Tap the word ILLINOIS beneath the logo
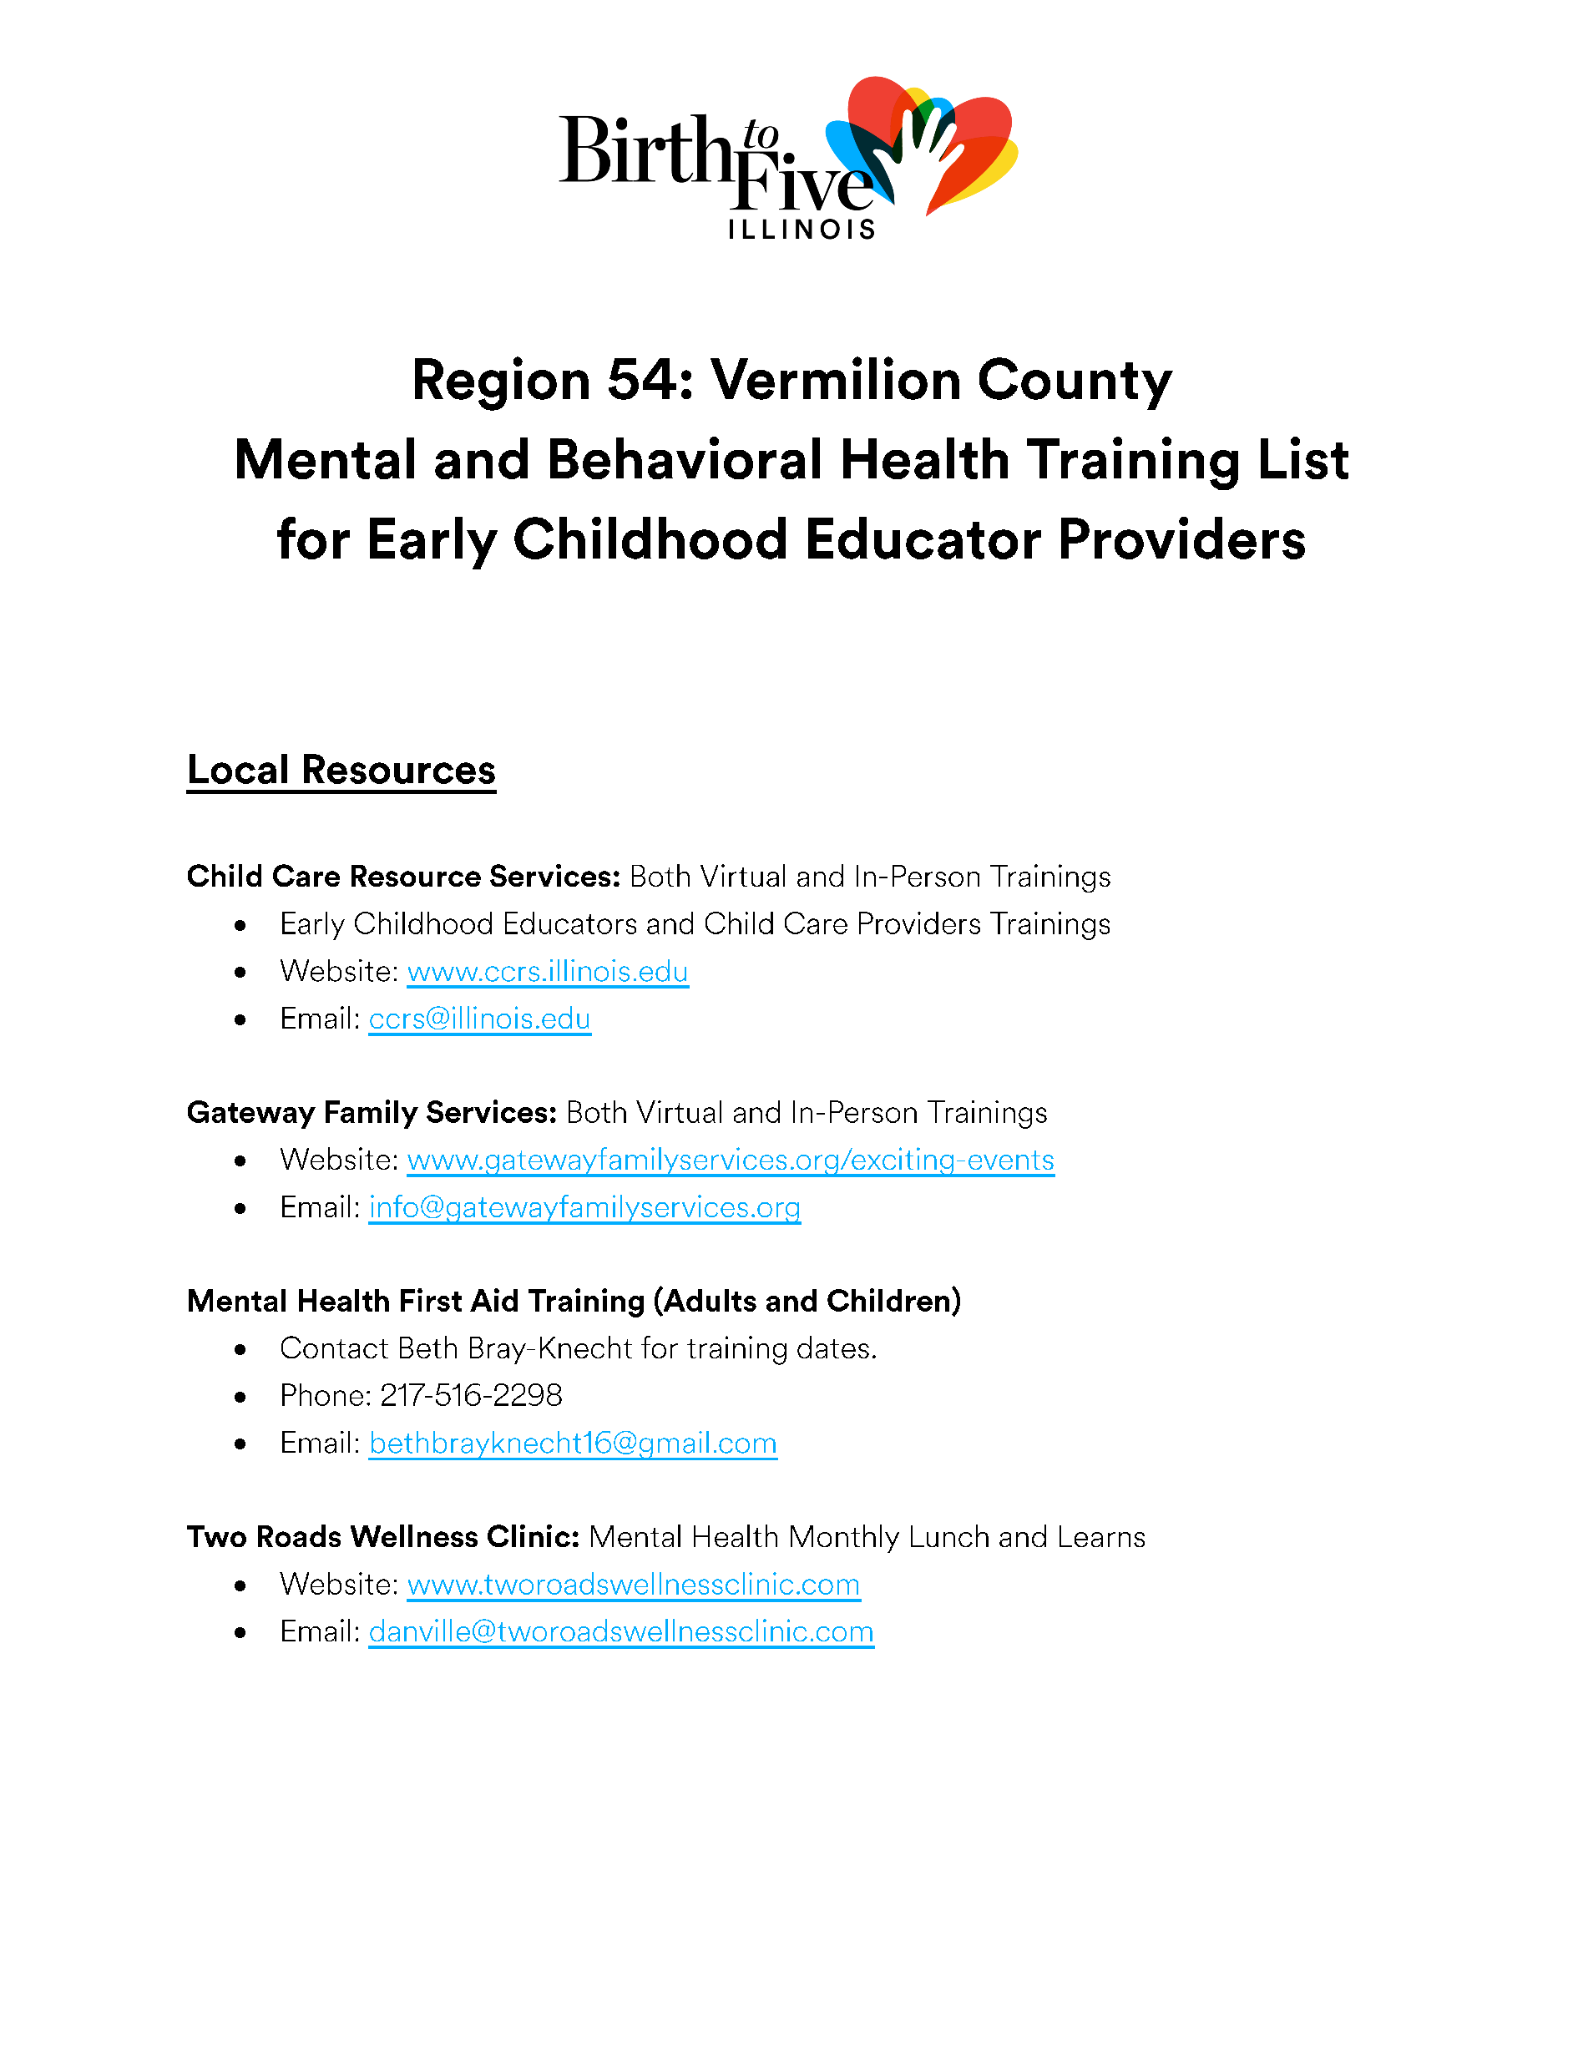[801, 230]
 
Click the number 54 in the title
[645, 381]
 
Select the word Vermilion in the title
[836, 381]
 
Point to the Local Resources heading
[341, 770]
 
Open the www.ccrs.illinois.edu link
[548, 972]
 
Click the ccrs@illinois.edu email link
[479, 1019]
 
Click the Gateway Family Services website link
[731, 1160]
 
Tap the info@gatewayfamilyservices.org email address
[584, 1207]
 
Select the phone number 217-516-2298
[471, 1395]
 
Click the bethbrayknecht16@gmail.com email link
[573, 1444]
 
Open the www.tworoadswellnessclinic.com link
[633, 1585]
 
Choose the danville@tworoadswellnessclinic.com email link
[621, 1631]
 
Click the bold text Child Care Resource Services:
[403, 877]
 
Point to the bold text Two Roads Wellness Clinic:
[383, 1537]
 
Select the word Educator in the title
[923, 541]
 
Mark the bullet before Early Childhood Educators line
[241, 926]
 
